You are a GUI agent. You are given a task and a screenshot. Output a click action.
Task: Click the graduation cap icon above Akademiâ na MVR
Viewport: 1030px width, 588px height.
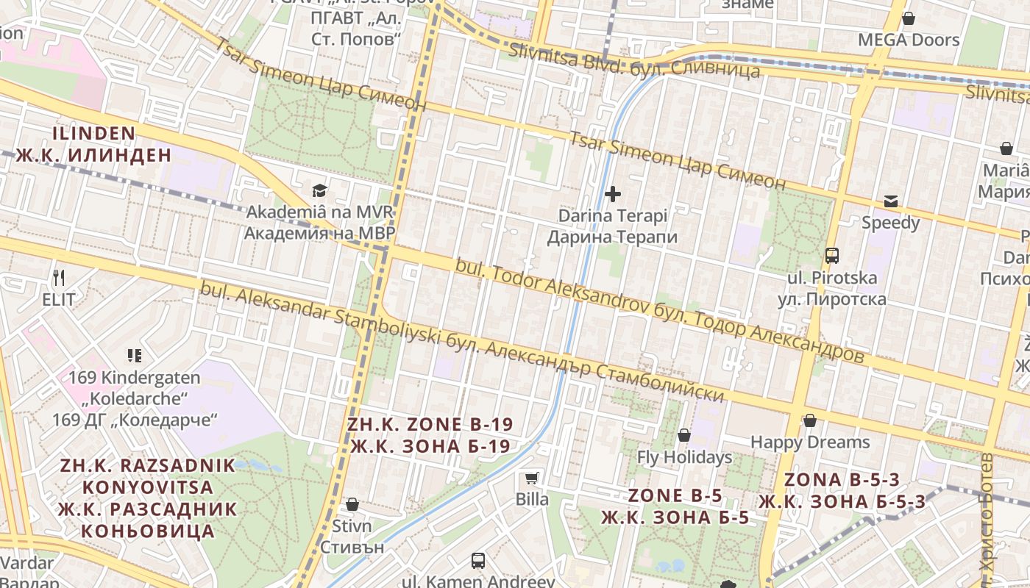pyautogui.click(x=319, y=191)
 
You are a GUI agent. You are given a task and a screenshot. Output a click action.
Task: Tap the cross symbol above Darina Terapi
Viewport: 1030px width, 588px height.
pyautogui.click(x=612, y=194)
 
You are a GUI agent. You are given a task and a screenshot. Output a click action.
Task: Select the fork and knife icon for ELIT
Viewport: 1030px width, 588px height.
pyautogui.click(x=59, y=278)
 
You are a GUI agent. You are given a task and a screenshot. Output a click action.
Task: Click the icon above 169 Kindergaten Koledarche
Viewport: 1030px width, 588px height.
pyautogui.click(x=134, y=356)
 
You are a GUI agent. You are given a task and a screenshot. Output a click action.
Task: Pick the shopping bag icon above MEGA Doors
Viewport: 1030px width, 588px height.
pyautogui.click(x=909, y=18)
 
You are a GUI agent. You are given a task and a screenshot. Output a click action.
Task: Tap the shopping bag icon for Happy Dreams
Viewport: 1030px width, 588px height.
pyautogui.click(x=810, y=420)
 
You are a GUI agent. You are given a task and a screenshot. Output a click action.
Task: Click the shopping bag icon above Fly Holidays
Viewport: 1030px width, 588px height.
pyautogui.click(x=684, y=435)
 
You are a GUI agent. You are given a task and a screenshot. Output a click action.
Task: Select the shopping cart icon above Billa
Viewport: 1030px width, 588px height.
pyautogui.click(x=531, y=478)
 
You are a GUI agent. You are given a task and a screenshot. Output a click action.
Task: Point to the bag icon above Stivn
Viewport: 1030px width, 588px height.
pyautogui.click(x=352, y=504)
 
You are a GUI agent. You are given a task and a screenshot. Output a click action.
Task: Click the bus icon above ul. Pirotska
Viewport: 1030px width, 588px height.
pyautogui.click(x=832, y=256)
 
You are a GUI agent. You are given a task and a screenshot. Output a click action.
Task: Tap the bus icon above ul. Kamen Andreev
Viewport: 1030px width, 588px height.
pyautogui.click(x=478, y=561)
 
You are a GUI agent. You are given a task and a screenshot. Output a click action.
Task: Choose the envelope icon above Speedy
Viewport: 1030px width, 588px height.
pyautogui.click(x=891, y=201)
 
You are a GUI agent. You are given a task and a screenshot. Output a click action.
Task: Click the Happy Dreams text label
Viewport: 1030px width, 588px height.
pyautogui.click(x=810, y=442)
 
